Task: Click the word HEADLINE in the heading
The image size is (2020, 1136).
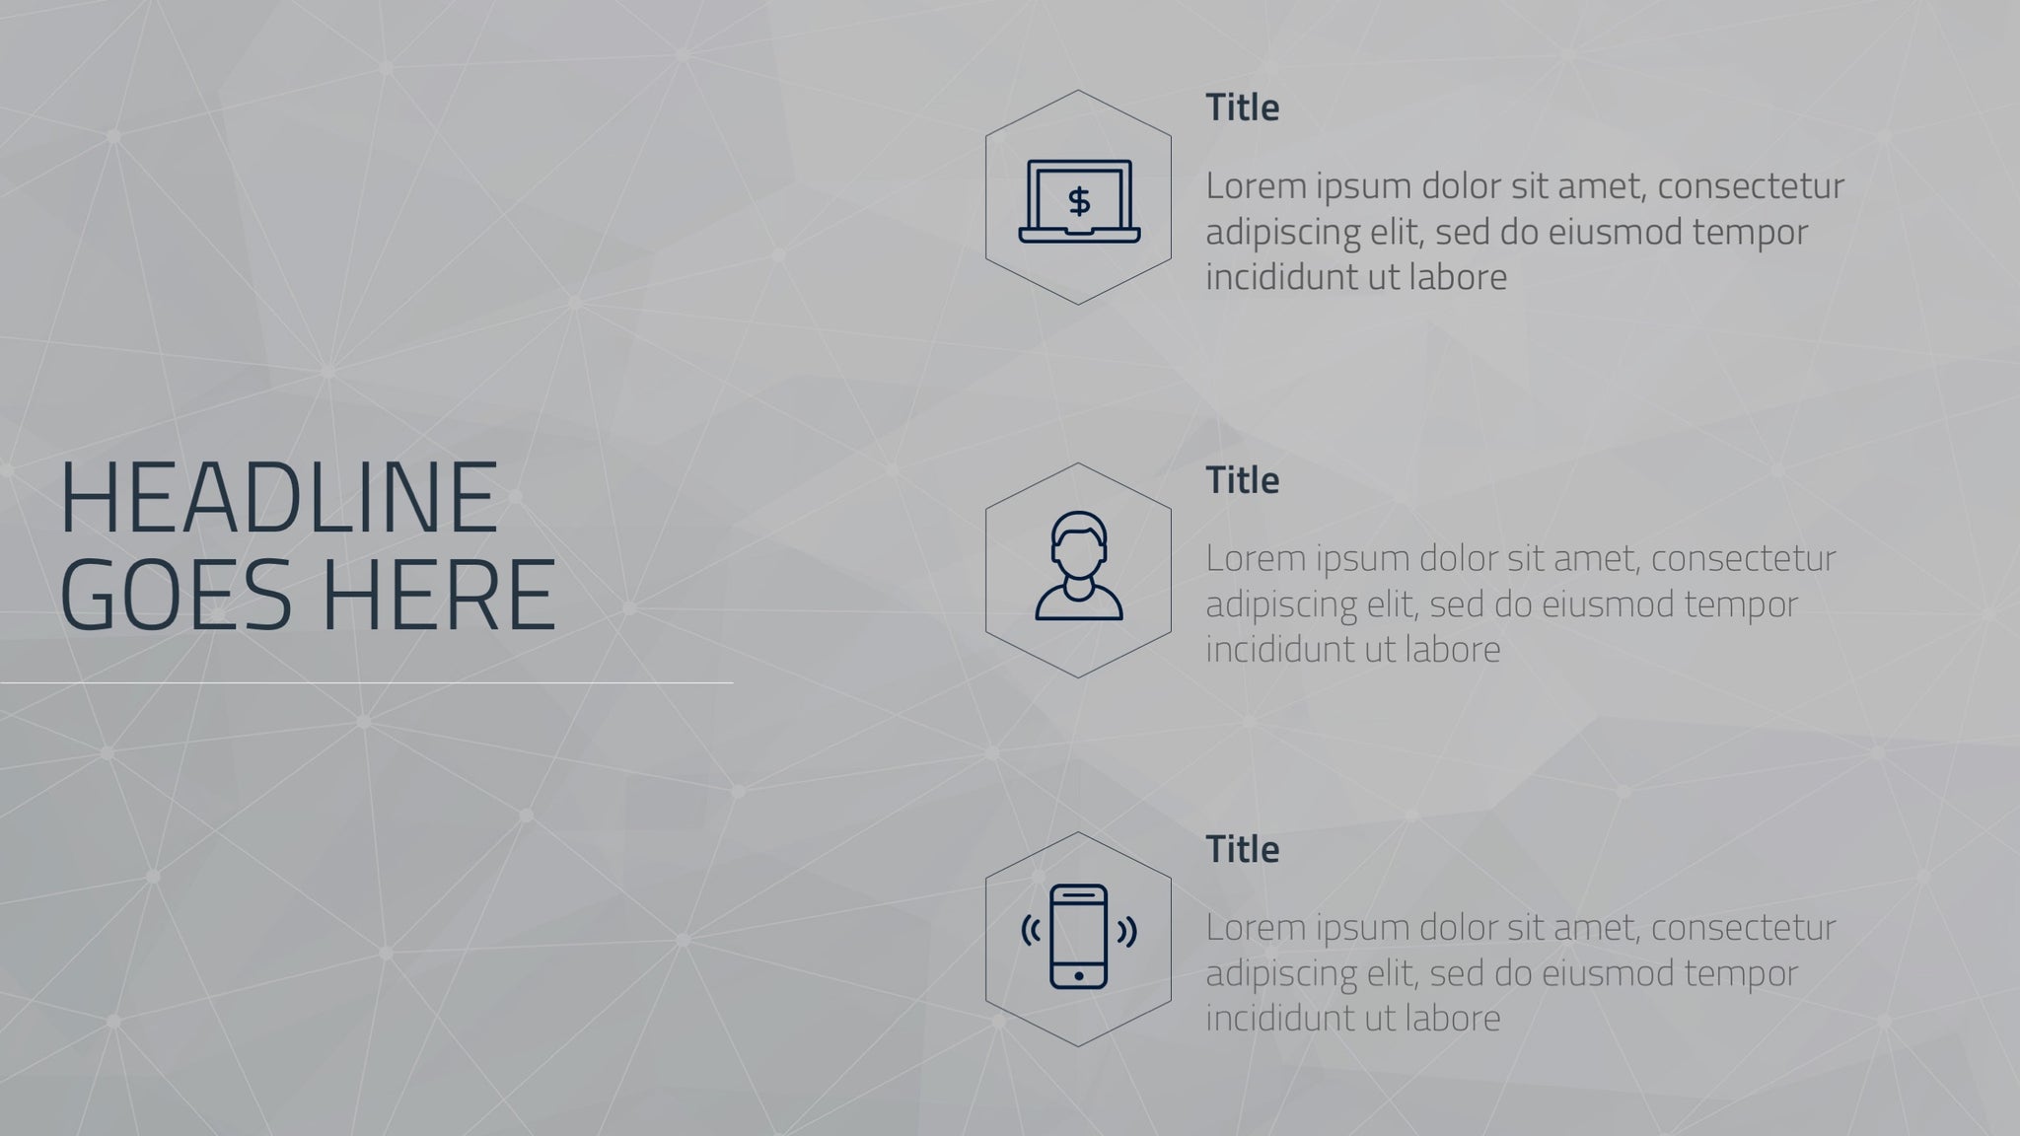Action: (279, 497)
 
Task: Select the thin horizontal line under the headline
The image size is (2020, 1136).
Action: (366, 682)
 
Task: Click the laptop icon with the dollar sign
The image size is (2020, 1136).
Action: (1079, 201)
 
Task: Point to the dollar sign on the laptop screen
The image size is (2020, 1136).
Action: (1079, 201)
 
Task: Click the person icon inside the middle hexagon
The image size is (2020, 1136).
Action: (1078, 566)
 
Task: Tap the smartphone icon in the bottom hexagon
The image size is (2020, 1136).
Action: (1078, 936)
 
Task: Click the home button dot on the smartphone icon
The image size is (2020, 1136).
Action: (1078, 976)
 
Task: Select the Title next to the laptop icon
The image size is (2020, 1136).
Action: (1242, 107)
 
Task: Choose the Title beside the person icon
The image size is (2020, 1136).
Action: (1242, 480)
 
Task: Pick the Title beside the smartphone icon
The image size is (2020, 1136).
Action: (1242, 849)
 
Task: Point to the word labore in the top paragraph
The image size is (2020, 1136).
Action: (1458, 277)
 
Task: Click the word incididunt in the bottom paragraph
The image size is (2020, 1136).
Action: (1280, 1019)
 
